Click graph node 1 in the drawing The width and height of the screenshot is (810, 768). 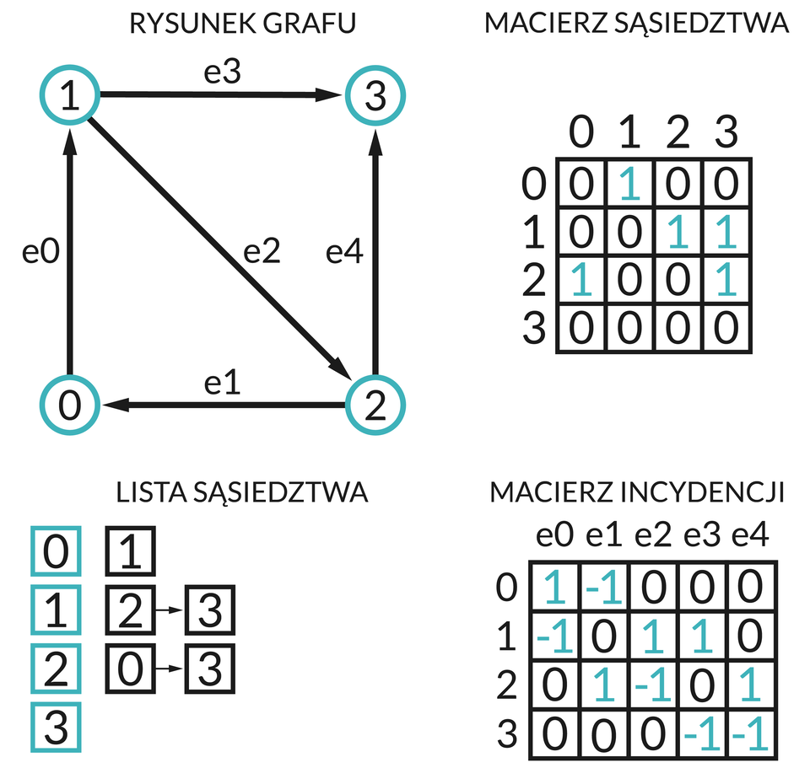(x=69, y=97)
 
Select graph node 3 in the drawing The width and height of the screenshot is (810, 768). (x=375, y=97)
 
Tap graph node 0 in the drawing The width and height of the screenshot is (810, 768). (x=69, y=406)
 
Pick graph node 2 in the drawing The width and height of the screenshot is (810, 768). (x=375, y=406)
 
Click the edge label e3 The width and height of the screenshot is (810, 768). (x=223, y=73)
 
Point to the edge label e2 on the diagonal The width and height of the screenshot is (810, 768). (x=262, y=250)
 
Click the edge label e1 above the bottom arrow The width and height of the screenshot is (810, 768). (x=223, y=383)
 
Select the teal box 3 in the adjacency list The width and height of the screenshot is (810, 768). (x=56, y=727)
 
